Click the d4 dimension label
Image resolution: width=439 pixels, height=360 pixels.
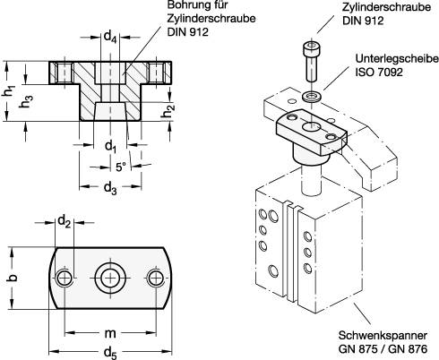[x=110, y=38]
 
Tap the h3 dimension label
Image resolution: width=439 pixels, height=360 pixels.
[x=28, y=102]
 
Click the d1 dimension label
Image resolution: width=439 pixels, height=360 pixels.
[x=110, y=146]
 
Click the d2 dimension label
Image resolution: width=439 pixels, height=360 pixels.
[x=65, y=220]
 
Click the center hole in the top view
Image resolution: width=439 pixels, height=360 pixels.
[x=109, y=278]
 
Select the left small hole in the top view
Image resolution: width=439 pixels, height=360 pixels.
[x=63, y=279]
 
